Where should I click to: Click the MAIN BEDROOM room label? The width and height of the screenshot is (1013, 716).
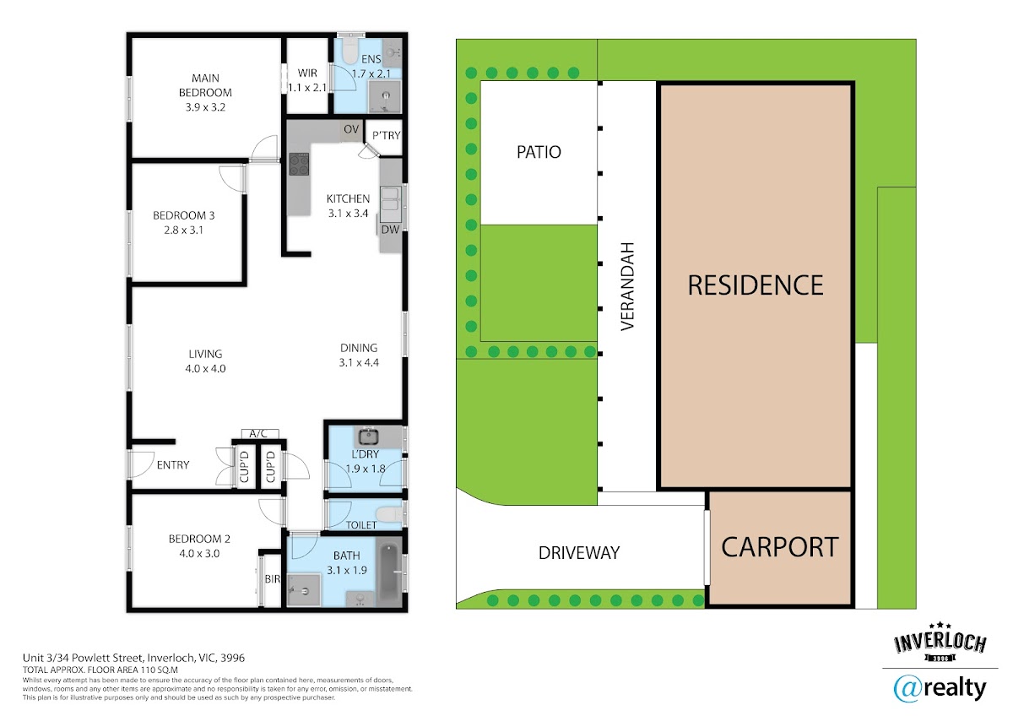pyautogui.click(x=205, y=85)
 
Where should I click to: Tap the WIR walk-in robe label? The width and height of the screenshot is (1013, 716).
pyautogui.click(x=307, y=73)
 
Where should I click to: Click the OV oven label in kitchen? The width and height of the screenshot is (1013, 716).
pyautogui.click(x=351, y=129)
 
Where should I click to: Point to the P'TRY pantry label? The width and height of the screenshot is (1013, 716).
pyautogui.click(x=387, y=135)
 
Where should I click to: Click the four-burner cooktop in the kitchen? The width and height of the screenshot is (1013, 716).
pyautogui.click(x=299, y=164)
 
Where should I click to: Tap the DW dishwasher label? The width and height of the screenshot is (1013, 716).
pyautogui.click(x=390, y=230)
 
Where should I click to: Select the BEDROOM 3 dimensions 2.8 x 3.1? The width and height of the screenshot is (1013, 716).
pyautogui.click(x=184, y=231)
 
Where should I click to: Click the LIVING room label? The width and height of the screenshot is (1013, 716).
pyautogui.click(x=205, y=354)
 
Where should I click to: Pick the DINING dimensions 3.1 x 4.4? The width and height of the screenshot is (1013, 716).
pyautogui.click(x=359, y=362)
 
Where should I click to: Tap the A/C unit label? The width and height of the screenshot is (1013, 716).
pyautogui.click(x=258, y=434)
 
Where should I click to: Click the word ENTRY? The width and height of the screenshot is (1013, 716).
pyautogui.click(x=173, y=465)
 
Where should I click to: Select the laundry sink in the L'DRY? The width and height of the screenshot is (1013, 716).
pyautogui.click(x=369, y=437)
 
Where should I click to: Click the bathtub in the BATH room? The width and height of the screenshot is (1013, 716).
pyautogui.click(x=389, y=572)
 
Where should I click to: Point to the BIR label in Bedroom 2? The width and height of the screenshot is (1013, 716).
pyautogui.click(x=272, y=579)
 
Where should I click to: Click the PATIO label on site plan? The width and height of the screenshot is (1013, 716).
pyautogui.click(x=539, y=152)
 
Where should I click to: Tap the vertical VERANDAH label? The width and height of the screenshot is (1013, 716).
pyautogui.click(x=628, y=286)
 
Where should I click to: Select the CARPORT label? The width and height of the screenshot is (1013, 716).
pyautogui.click(x=780, y=547)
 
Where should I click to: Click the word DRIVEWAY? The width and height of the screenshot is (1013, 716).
pyautogui.click(x=579, y=553)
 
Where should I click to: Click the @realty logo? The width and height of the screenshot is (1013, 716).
pyautogui.click(x=940, y=690)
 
